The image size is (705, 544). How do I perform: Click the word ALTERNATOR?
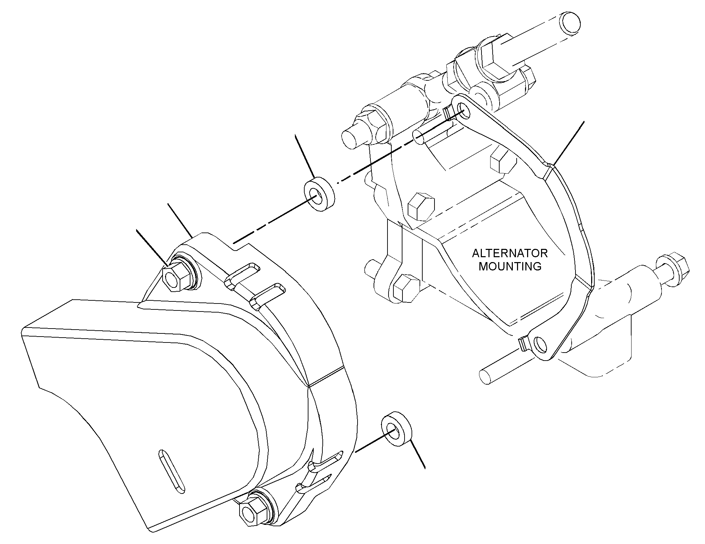click(x=510, y=253)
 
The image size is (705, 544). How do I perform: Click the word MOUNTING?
click(x=510, y=266)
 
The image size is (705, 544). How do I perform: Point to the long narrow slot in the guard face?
click(x=172, y=471)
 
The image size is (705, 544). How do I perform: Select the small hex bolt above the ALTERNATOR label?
click(x=502, y=161)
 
